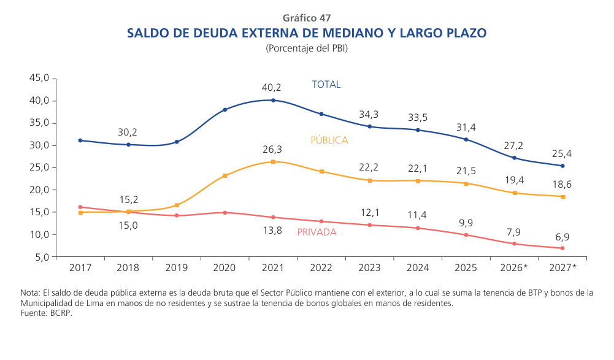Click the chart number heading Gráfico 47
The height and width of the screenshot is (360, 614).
coord(307,18)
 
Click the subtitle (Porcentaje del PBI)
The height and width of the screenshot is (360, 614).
coord(307,48)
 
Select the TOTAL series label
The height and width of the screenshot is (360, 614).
coord(326,85)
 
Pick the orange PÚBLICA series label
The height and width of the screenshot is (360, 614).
coord(329,140)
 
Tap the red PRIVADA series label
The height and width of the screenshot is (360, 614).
coord(317,232)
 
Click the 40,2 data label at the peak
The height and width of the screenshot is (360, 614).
coord(272,88)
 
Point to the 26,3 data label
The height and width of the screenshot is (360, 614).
coord(272,150)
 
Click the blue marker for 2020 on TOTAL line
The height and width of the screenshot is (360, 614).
coord(225,110)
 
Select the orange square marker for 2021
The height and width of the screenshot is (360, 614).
coord(273,162)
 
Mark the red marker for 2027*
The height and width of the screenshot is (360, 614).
coord(562,248)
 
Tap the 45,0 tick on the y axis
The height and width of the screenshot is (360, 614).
coord(39,79)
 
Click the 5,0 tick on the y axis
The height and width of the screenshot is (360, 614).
coord(41,257)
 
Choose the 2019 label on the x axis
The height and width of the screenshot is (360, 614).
coord(177,268)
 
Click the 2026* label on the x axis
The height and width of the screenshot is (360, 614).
coord(514,268)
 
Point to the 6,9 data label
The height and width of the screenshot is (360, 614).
coord(562,236)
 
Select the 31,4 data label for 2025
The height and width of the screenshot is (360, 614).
coord(466,128)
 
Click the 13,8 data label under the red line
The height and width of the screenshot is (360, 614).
coord(272,231)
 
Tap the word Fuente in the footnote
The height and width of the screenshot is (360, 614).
coord(35,313)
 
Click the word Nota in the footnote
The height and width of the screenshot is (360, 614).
coord(31,293)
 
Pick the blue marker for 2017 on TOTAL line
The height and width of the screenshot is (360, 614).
coord(80,140)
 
